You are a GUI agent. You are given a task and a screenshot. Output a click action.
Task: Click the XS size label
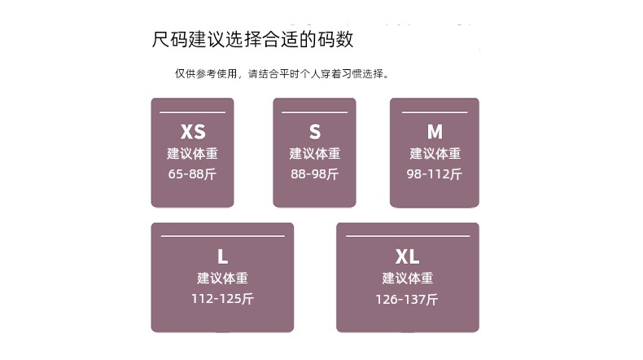(x=193, y=132)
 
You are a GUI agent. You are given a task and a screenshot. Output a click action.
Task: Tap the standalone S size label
(x=315, y=132)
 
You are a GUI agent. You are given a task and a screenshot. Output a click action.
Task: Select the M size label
(x=435, y=132)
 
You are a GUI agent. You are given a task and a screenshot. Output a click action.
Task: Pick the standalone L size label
(x=223, y=257)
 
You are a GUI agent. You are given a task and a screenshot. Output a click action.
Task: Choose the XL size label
(x=407, y=257)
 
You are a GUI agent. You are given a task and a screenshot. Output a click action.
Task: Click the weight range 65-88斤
(x=192, y=174)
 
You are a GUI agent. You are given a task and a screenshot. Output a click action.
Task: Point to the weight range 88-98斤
(x=315, y=174)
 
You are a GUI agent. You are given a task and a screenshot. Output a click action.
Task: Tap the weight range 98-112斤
(x=435, y=174)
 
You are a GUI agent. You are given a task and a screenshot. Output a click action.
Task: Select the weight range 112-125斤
(x=223, y=299)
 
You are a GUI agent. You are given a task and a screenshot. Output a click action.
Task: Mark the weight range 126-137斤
(x=407, y=299)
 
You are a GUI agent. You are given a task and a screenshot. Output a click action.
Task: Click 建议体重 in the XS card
(x=192, y=153)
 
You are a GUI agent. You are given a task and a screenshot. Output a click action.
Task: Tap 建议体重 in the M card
(x=435, y=153)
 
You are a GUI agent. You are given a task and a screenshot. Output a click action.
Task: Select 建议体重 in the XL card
(x=408, y=278)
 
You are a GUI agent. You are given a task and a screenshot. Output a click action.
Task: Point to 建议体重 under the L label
(x=223, y=278)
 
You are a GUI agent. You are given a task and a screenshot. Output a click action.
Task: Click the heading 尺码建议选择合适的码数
(x=252, y=39)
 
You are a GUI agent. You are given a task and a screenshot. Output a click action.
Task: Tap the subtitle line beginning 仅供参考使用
(x=282, y=74)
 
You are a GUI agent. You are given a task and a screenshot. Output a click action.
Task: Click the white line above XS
(x=192, y=112)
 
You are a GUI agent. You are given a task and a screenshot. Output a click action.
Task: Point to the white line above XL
(x=408, y=236)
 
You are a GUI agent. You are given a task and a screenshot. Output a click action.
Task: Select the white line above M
(x=435, y=112)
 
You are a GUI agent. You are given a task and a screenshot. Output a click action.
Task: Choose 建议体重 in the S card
(x=315, y=153)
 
